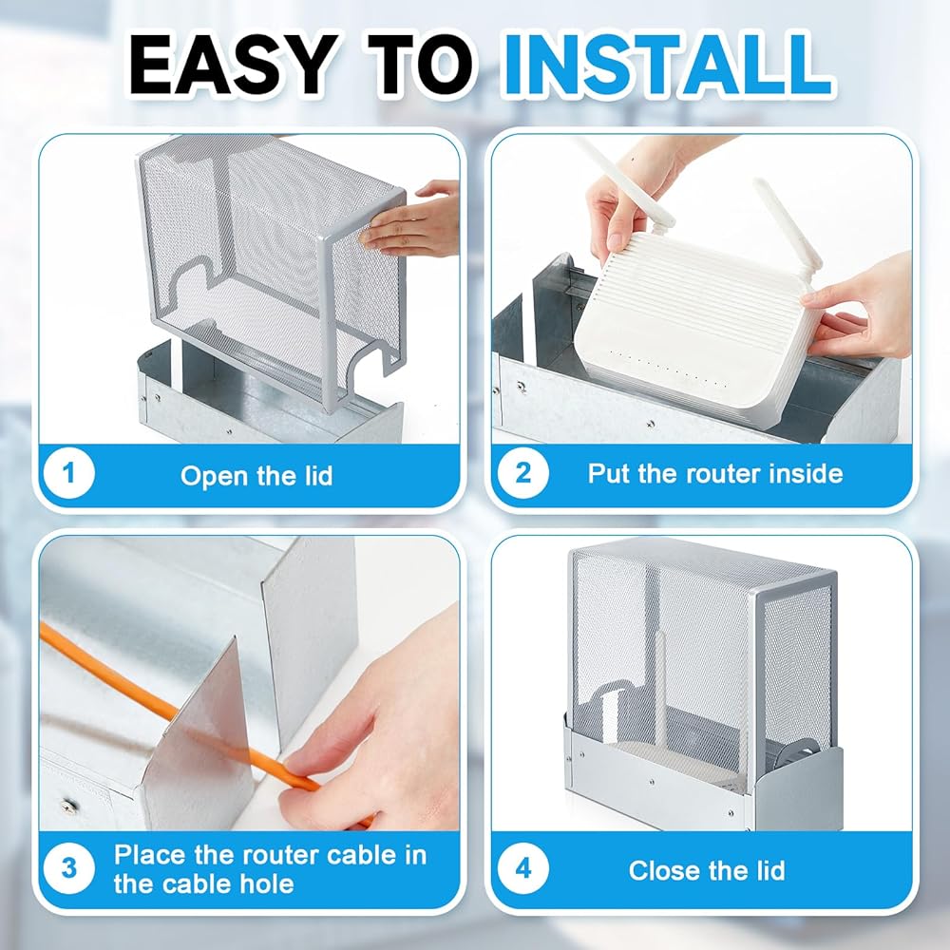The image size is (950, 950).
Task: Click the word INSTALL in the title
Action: pos(667,65)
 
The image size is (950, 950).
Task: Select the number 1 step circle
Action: pos(69,473)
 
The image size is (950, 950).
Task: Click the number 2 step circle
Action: pos(522,473)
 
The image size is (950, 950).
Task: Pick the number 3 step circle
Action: pos(69,868)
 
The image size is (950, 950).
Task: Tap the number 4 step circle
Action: pos(522,868)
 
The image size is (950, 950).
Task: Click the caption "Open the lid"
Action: pos(256,476)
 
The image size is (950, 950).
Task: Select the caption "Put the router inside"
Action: pos(715,473)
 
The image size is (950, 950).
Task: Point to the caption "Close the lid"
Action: pos(707,870)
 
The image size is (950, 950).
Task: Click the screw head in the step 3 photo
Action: pos(67,805)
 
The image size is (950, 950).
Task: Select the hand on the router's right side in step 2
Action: pos(861,309)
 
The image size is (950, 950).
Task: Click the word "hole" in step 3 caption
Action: pos(267,883)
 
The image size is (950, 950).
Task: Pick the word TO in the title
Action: pos(419,65)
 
